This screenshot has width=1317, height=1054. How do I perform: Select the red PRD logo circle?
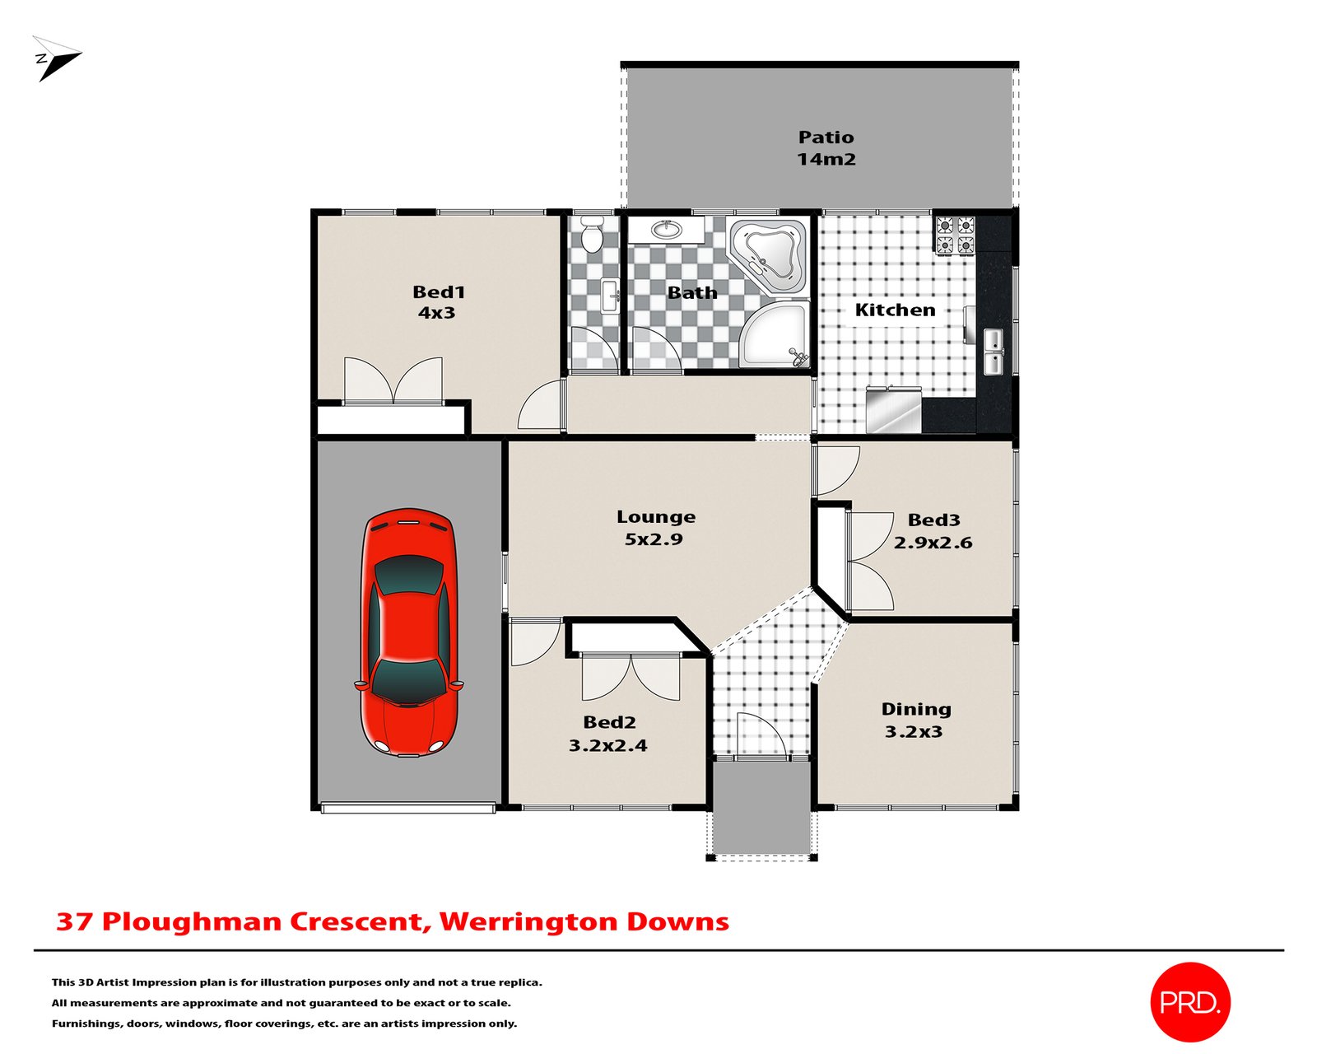click(1189, 1001)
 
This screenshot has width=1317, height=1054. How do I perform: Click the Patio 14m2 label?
click(826, 148)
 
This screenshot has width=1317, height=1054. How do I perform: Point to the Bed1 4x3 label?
click(438, 302)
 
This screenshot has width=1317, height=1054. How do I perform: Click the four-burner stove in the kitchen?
click(955, 235)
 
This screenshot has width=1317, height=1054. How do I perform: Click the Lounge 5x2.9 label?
click(655, 528)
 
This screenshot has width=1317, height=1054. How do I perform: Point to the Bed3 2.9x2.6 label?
click(933, 531)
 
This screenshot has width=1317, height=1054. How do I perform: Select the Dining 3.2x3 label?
click(915, 721)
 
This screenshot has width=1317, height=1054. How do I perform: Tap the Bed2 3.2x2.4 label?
click(608, 734)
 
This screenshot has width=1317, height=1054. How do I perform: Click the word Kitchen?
click(895, 310)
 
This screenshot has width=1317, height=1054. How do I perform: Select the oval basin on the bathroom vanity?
click(666, 230)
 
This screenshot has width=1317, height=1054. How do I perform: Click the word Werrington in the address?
click(527, 921)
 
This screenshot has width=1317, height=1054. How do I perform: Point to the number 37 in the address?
click(74, 921)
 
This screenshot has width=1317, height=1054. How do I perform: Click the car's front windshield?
click(408, 680)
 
